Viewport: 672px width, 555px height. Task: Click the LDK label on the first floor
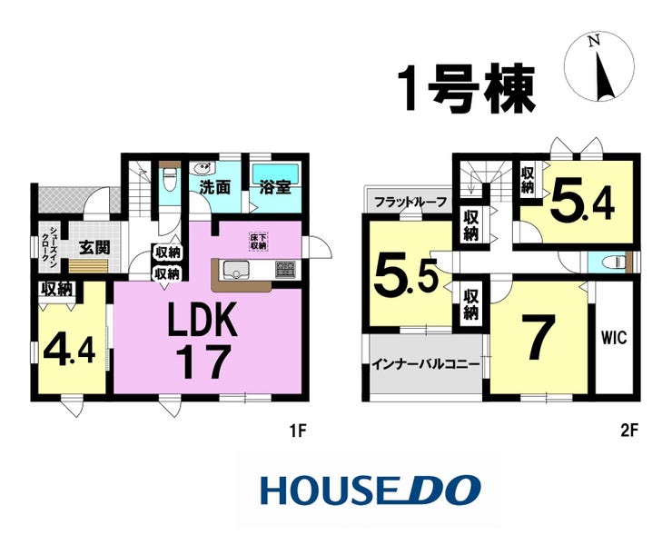[x=203, y=319]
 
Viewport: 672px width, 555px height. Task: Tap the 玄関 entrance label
[x=94, y=247]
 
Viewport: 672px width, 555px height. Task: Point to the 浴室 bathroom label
[x=275, y=187]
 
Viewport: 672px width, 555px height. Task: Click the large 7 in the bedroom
[x=539, y=338]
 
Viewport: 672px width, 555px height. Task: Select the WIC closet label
[x=613, y=338]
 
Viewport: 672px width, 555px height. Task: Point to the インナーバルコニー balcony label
[x=425, y=365]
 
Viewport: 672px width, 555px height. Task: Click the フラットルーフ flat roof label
[x=410, y=202]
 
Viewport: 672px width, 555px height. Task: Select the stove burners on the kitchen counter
[x=285, y=270]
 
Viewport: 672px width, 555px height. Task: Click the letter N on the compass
[x=594, y=41]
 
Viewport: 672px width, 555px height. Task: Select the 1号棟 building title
[x=466, y=89]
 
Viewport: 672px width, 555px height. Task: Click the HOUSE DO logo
[x=371, y=490]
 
